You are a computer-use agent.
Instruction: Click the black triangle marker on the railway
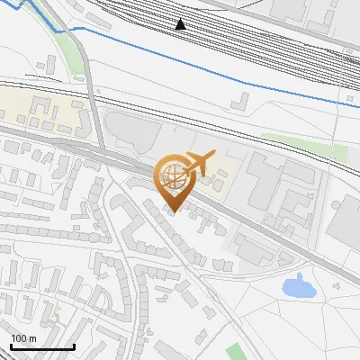181,24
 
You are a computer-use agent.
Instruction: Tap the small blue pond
296,288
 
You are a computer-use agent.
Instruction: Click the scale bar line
42,346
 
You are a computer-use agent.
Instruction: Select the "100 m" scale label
23,338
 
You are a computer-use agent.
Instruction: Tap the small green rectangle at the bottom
236,352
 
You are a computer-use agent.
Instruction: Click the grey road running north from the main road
92,99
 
